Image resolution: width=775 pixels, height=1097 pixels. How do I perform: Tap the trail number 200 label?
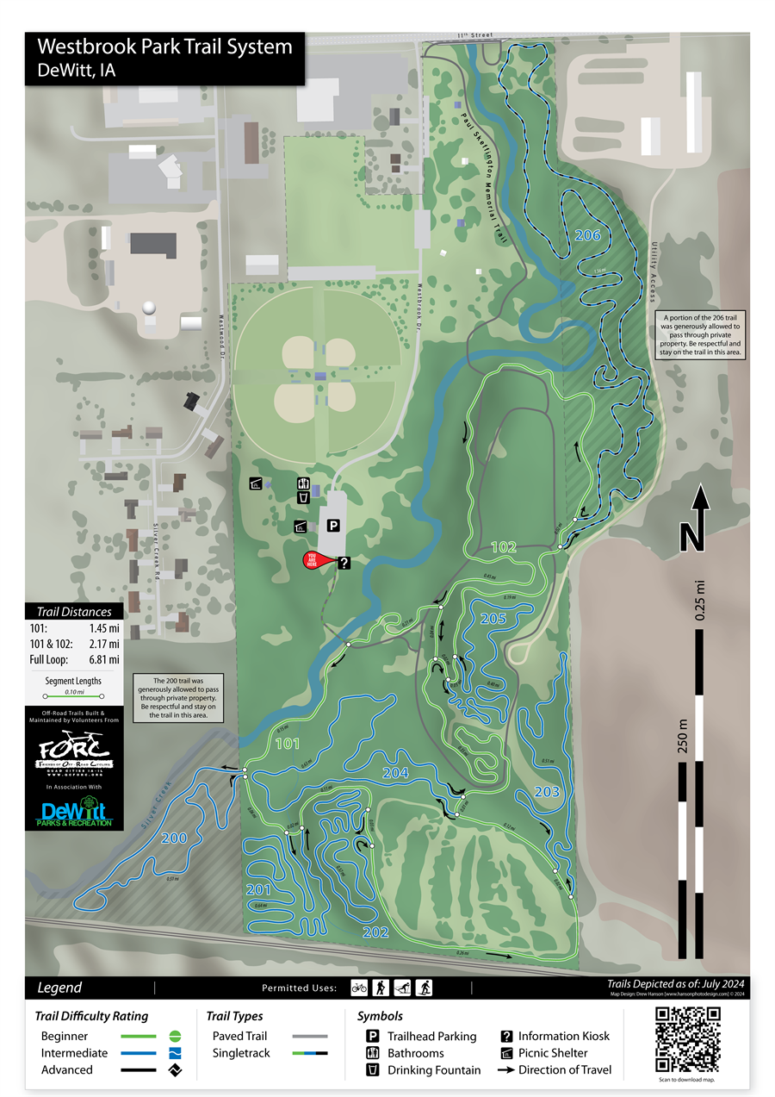174,838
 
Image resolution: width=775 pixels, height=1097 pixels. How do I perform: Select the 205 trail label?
493,618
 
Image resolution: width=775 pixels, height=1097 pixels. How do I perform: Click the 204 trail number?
395,772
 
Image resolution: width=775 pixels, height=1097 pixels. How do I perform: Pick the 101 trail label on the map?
287,742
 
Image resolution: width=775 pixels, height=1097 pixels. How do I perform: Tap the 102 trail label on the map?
504,547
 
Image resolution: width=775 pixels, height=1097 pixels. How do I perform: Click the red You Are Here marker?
314,560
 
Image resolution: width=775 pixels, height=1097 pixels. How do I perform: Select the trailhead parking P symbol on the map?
332,525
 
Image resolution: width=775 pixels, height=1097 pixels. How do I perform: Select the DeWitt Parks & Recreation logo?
73,812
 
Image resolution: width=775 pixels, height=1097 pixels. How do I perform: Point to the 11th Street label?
474,35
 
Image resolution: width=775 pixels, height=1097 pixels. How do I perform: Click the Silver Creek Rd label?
157,544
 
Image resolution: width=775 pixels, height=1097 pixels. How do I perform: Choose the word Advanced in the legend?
67,1069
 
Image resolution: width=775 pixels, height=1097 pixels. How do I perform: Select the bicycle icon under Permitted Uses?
359,988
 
